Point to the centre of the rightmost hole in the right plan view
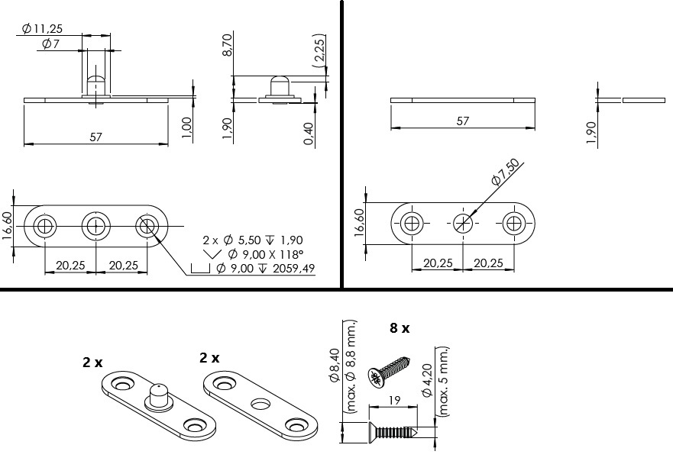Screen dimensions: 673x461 [x=514, y=224]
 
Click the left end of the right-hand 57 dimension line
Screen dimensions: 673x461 [x=391, y=127]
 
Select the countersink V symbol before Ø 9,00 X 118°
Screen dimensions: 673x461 [x=212, y=254]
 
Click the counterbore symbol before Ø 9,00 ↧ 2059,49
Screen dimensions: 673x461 [x=200, y=269]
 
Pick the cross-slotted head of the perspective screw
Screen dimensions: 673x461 [x=375, y=379]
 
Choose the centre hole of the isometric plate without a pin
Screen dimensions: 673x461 [x=261, y=403]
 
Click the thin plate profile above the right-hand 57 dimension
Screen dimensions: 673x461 [x=463, y=100]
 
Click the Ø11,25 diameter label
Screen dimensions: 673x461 [x=42, y=29]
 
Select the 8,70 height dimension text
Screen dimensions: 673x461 [x=228, y=44]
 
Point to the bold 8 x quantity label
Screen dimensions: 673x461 [x=400, y=328]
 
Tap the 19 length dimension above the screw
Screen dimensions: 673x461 [x=394, y=400]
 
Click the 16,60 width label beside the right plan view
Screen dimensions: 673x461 [x=359, y=223]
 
